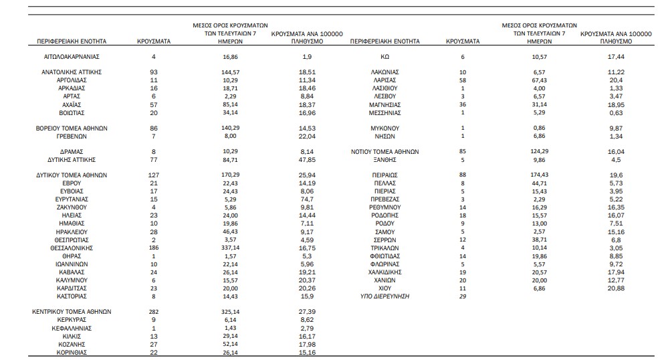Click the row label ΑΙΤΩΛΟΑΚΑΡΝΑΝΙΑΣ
tap(72, 57)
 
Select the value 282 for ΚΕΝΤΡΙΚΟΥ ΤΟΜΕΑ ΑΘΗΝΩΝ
tap(154, 312)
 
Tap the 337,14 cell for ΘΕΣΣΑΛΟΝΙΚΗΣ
tap(230, 248)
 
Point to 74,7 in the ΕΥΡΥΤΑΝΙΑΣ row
tap(307, 199)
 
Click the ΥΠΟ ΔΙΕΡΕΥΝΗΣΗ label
tap(384, 296)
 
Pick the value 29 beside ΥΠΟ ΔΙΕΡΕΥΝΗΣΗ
tap(463, 296)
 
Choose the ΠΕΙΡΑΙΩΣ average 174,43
tap(540, 175)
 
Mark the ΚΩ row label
tap(384, 57)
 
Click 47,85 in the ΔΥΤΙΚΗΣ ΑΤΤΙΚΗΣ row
tap(307, 160)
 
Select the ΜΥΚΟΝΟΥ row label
tap(384, 128)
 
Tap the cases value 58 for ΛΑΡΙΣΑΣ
tap(463, 80)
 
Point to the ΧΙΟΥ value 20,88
tap(616, 288)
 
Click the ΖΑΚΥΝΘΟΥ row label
tap(72, 207)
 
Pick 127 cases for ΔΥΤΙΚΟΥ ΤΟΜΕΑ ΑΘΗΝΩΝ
tap(154, 175)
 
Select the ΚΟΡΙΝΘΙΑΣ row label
tap(72, 353)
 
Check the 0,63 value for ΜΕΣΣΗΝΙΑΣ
tap(616, 113)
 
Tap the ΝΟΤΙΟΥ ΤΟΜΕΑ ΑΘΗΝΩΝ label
tap(384, 152)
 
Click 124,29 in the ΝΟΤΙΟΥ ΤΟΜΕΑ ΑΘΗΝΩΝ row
tap(540, 151)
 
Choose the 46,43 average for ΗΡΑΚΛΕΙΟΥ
tap(230, 232)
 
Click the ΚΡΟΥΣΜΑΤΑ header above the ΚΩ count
tap(463, 41)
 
